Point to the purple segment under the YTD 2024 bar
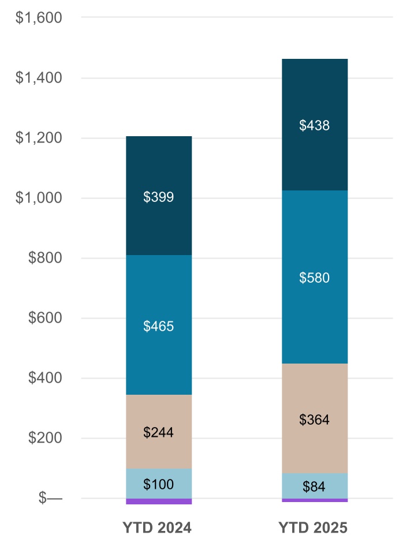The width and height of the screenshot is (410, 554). (x=159, y=501)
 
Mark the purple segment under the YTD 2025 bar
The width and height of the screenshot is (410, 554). (x=315, y=500)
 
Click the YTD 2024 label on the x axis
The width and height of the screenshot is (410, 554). (x=157, y=528)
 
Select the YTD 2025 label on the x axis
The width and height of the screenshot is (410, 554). (x=313, y=528)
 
